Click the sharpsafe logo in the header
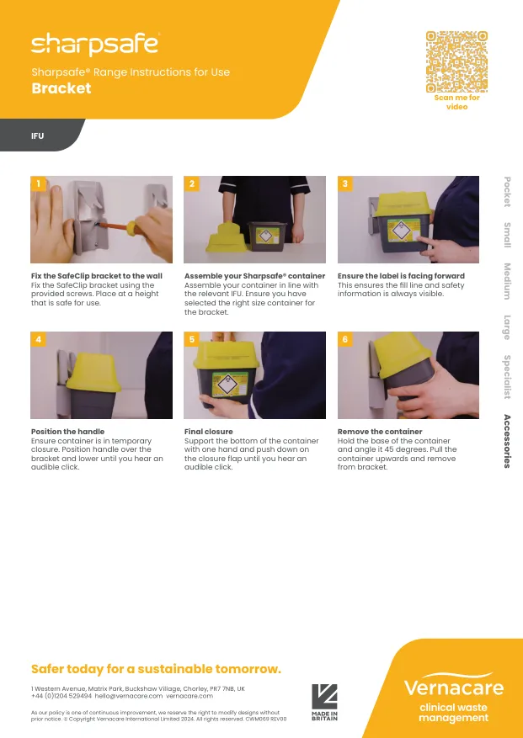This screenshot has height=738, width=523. pyautogui.click(x=95, y=45)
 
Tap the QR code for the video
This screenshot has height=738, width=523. pyautogui.click(x=456, y=61)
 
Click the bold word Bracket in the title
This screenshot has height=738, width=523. pyautogui.click(x=61, y=88)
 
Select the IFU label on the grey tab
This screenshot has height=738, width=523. pyautogui.click(x=37, y=136)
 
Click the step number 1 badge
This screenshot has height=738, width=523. pyautogui.click(x=38, y=183)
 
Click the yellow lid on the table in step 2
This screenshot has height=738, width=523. pyautogui.click(x=227, y=237)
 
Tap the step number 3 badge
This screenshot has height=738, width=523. pyautogui.click(x=345, y=183)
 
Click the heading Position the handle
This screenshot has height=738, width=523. pyautogui.click(x=68, y=432)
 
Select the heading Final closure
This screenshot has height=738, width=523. pyautogui.click(x=208, y=432)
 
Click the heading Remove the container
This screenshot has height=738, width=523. pyautogui.click(x=380, y=432)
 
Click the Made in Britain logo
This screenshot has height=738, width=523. pyautogui.click(x=324, y=702)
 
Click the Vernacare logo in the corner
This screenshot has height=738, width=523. pyautogui.click(x=454, y=697)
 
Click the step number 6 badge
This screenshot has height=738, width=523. pyautogui.click(x=345, y=339)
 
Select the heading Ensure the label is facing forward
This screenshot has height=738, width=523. pyautogui.click(x=401, y=276)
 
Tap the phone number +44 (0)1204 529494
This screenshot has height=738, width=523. pyautogui.click(x=61, y=696)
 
